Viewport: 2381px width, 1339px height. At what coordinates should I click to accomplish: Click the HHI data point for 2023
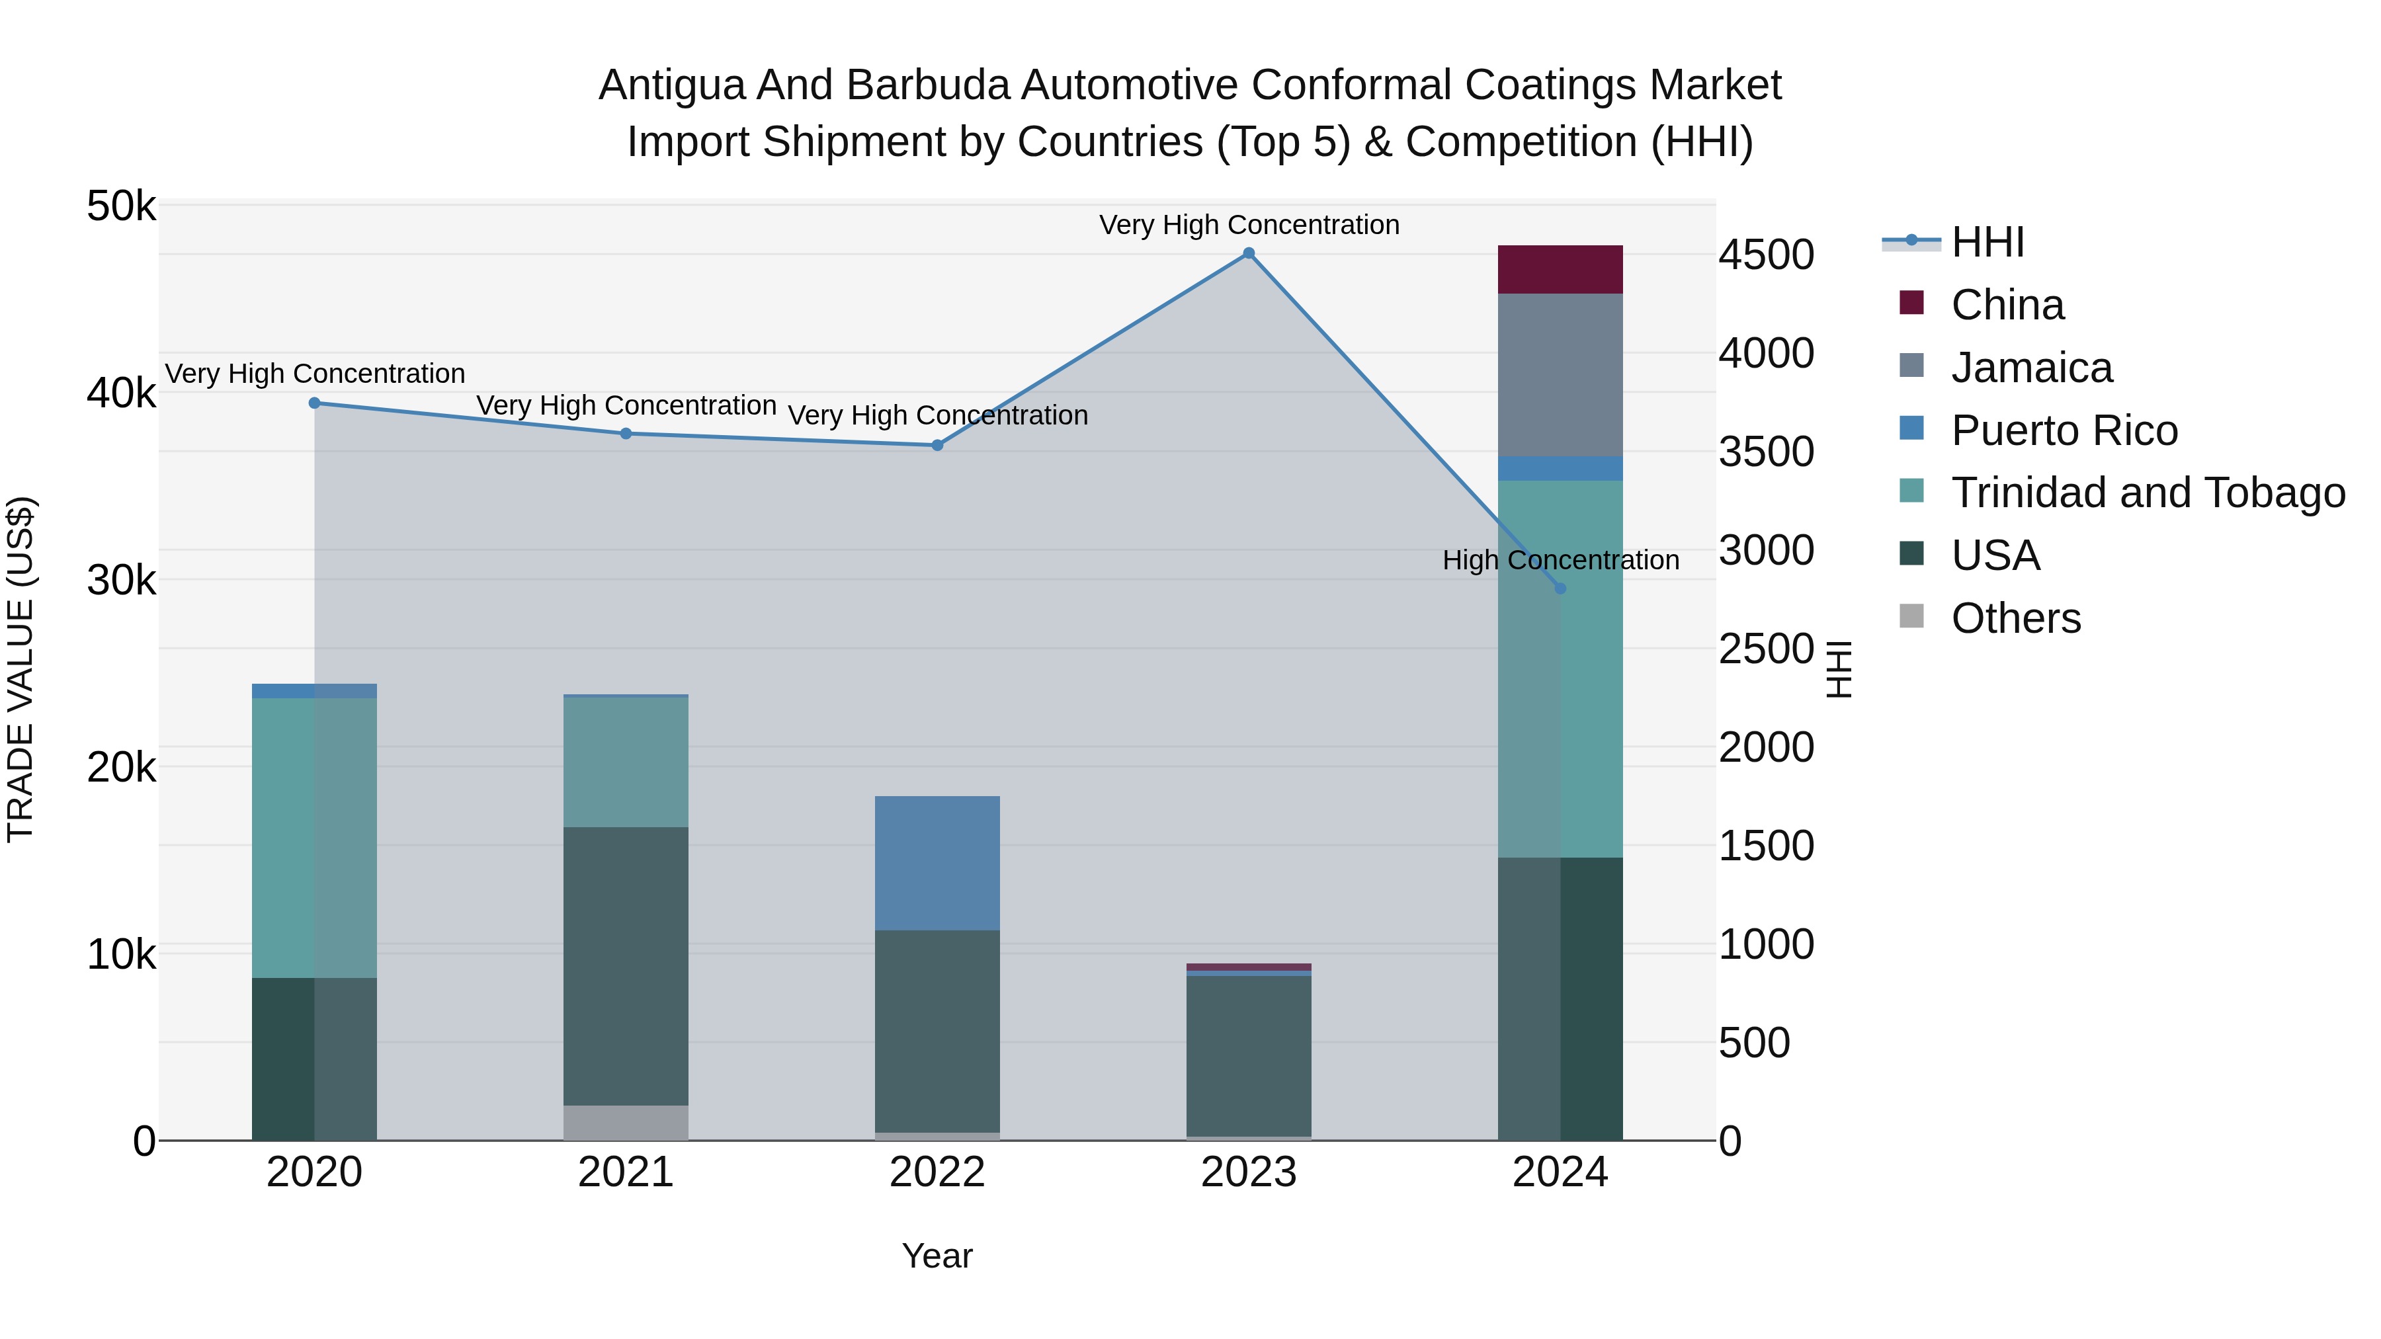click(x=1248, y=253)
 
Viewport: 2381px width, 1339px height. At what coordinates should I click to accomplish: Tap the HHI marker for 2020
click(x=314, y=403)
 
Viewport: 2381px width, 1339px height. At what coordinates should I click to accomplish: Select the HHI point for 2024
click(x=1560, y=588)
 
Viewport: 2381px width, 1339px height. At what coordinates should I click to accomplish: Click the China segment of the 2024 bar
click(x=1560, y=270)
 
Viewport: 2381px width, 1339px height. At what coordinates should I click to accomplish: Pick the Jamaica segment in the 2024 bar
click(x=1560, y=374)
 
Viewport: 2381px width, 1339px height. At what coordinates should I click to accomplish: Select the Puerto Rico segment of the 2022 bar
click(x=937, y=862)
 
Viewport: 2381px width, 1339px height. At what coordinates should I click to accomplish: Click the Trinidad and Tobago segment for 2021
click(x=626, y=762)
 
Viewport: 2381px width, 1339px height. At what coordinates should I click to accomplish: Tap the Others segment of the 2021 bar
click(x=626, y=1122)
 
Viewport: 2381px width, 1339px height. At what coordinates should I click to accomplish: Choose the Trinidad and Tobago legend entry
click(x=2147, y=493)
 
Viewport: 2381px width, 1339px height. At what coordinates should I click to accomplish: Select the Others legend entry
click(x=2015, y=618)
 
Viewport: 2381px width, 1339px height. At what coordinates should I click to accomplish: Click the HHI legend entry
click(x=1987, y=242)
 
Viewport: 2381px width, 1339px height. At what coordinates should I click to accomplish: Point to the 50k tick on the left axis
click(x=121, y=206)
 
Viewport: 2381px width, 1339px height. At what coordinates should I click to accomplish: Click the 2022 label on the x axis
click(x=937, y=1172)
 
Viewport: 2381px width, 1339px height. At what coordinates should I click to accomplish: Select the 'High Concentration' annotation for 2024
click(x=1560, y=560)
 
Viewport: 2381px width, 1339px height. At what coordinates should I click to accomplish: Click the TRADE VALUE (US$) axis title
click(x=21, y=669)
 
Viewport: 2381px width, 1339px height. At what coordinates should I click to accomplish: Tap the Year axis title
click(x=937, y=1256)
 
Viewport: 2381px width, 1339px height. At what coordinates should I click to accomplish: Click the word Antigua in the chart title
click(x=671, y=85)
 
